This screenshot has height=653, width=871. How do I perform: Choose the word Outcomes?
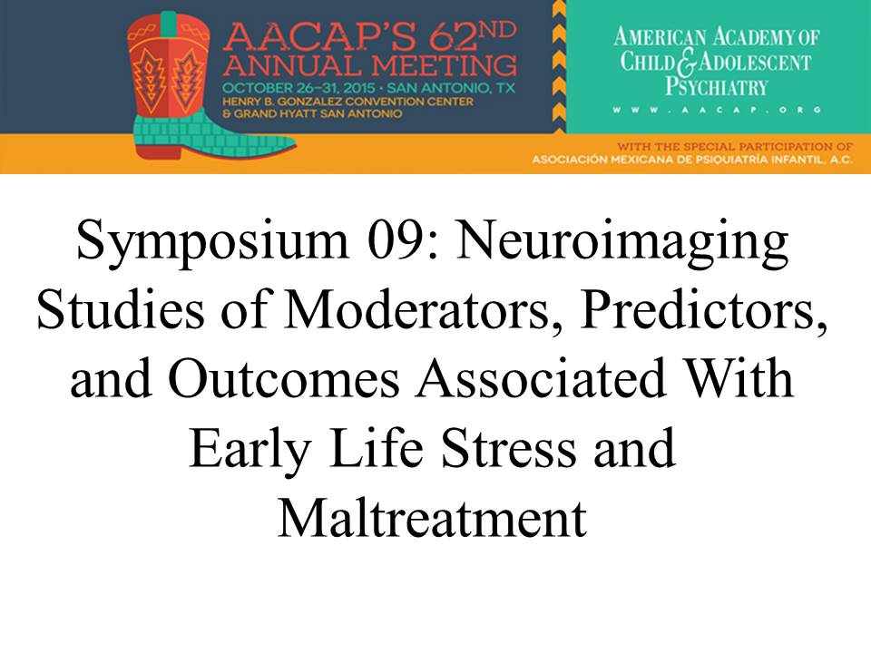(x=283, y=379)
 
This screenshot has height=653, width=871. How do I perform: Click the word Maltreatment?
(x=432, y=518)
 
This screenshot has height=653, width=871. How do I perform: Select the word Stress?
(x=508, y=449)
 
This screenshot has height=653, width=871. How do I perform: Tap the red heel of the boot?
(x=159, y=151)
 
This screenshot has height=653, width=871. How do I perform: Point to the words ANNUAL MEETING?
(x=370, y=66)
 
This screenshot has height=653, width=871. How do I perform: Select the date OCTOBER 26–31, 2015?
(x=298, y=88)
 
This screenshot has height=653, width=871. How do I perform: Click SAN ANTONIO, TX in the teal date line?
(x=451, y=88)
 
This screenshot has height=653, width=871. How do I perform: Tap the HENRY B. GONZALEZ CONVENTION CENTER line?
(x=347, y=102)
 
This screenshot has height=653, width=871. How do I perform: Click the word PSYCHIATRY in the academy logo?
(x=717, y=87)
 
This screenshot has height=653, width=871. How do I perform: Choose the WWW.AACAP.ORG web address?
(x=717, y=110)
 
